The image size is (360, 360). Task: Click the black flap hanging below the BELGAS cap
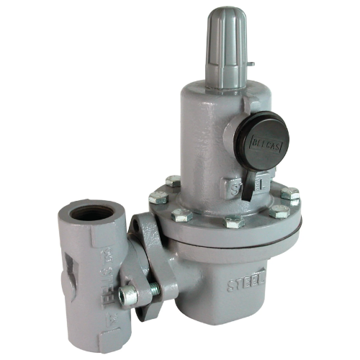point(246,184)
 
